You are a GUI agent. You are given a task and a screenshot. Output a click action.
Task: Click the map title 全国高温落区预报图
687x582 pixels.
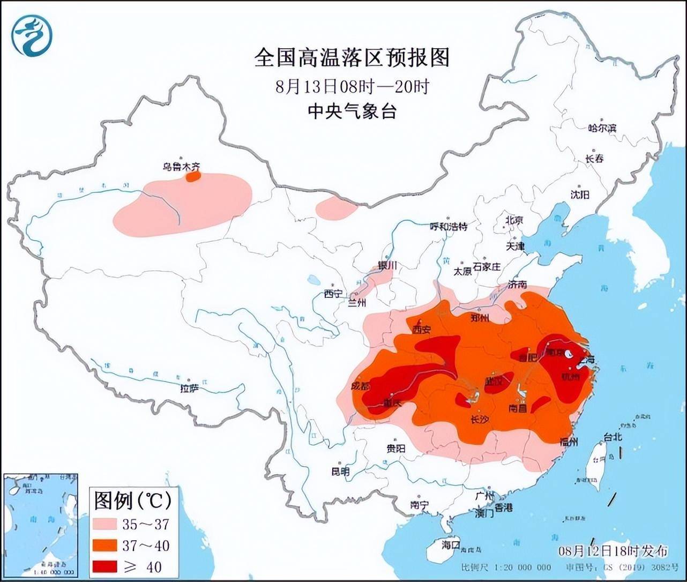pyautogui.click(x=352, y=57)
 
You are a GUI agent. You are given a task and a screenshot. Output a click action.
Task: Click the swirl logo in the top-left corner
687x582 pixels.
pyautogui.click(x=32, y=35)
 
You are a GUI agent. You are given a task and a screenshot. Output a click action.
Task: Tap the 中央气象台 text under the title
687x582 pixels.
pyautogui.click(x=352, y=111)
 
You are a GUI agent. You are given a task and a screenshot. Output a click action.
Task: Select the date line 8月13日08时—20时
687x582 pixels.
pyautogui.click(x=352, y=86)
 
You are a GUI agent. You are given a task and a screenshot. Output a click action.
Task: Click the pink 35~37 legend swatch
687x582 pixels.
pyautogui.click(x=106, y=524)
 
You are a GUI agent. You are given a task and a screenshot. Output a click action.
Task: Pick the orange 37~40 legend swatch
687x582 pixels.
pyautogui.click(x=106, y=545)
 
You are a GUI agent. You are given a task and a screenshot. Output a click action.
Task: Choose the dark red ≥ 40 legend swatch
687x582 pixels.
pyautogui.click(x=106, y=566)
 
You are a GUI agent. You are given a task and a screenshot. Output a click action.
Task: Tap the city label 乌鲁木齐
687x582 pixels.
pyautogui.click(x=181, y=167)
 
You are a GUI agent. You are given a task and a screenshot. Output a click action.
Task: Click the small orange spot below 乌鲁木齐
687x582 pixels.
pyautogui.click(x=193, y=176)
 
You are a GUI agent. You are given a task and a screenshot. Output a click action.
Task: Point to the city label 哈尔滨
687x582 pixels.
pyautogui.click(x=602, y=128)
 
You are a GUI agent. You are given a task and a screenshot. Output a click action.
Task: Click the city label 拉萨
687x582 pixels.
pyautogui.click(x=189, y=387)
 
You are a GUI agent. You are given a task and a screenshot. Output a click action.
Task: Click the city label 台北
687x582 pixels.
pyautogui.click(x=613, y=437)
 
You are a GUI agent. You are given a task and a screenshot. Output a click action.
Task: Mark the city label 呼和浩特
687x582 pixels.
pyautogui.click(x=449, y=227)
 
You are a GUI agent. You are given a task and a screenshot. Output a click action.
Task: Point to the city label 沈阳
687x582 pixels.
pyautogui.click(x=579, y=195)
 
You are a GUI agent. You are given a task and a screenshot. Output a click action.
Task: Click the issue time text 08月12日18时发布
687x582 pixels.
pyautogui.click(x=613, y=551)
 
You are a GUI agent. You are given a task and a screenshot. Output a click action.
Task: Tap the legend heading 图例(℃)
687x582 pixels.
pyautogui.click(x=132, y=501)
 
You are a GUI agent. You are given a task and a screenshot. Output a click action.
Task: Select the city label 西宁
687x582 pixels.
pyautogui.click(x=332, y=293)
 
